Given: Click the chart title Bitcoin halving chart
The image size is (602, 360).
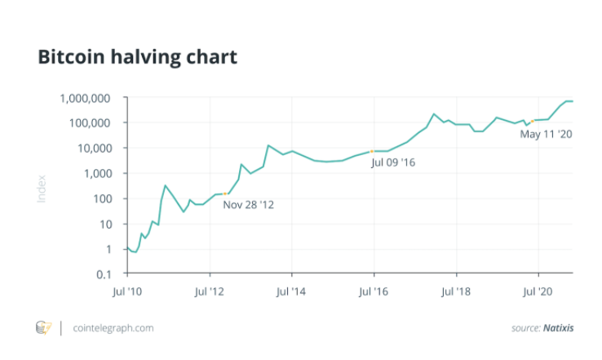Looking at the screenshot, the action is [137, 57].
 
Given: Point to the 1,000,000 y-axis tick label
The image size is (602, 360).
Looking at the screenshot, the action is [85, 99].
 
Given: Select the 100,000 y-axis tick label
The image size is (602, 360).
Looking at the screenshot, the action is [90, 123].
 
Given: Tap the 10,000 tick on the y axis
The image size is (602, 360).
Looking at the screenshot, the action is [95, 149].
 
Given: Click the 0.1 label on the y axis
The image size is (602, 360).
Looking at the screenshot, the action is [104, 274].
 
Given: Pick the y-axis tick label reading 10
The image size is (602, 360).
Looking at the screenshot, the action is [105, 224].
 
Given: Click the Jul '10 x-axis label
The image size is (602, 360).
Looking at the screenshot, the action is [127, 291].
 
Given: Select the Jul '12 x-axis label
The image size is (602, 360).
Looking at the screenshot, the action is [210, 291].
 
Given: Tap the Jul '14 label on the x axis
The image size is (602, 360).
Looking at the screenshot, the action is [291, 291].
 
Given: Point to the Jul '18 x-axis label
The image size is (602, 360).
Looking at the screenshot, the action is [456, 291].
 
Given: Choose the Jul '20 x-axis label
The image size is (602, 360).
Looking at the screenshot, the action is [538, 291].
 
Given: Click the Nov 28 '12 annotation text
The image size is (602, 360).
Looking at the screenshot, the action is [249, 205].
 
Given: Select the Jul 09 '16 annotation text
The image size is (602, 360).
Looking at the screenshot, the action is [393, 162].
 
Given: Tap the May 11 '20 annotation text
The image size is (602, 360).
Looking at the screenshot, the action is [546, 134].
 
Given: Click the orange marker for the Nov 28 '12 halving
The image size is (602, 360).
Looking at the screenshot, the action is [225, 193].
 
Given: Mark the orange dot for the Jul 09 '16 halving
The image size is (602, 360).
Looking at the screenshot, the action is [372, 151].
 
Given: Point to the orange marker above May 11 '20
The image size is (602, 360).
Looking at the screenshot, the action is [533, 122].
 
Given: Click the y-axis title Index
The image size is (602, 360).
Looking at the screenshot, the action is [42, 189].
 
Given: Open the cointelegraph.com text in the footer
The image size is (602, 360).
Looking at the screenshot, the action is [113, 328].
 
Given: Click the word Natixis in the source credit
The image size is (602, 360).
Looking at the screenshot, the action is [559, 328].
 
